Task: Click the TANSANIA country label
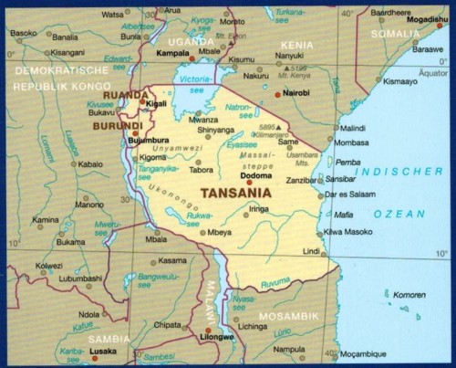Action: [234, 194]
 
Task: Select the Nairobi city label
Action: [294, 94]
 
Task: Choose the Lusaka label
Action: [102, 351]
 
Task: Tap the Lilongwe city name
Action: [216, 337]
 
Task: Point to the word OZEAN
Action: [405, 214]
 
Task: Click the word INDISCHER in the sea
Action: [403, 172]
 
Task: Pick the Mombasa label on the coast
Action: [353, 143]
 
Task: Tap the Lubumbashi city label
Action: [83, 279]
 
